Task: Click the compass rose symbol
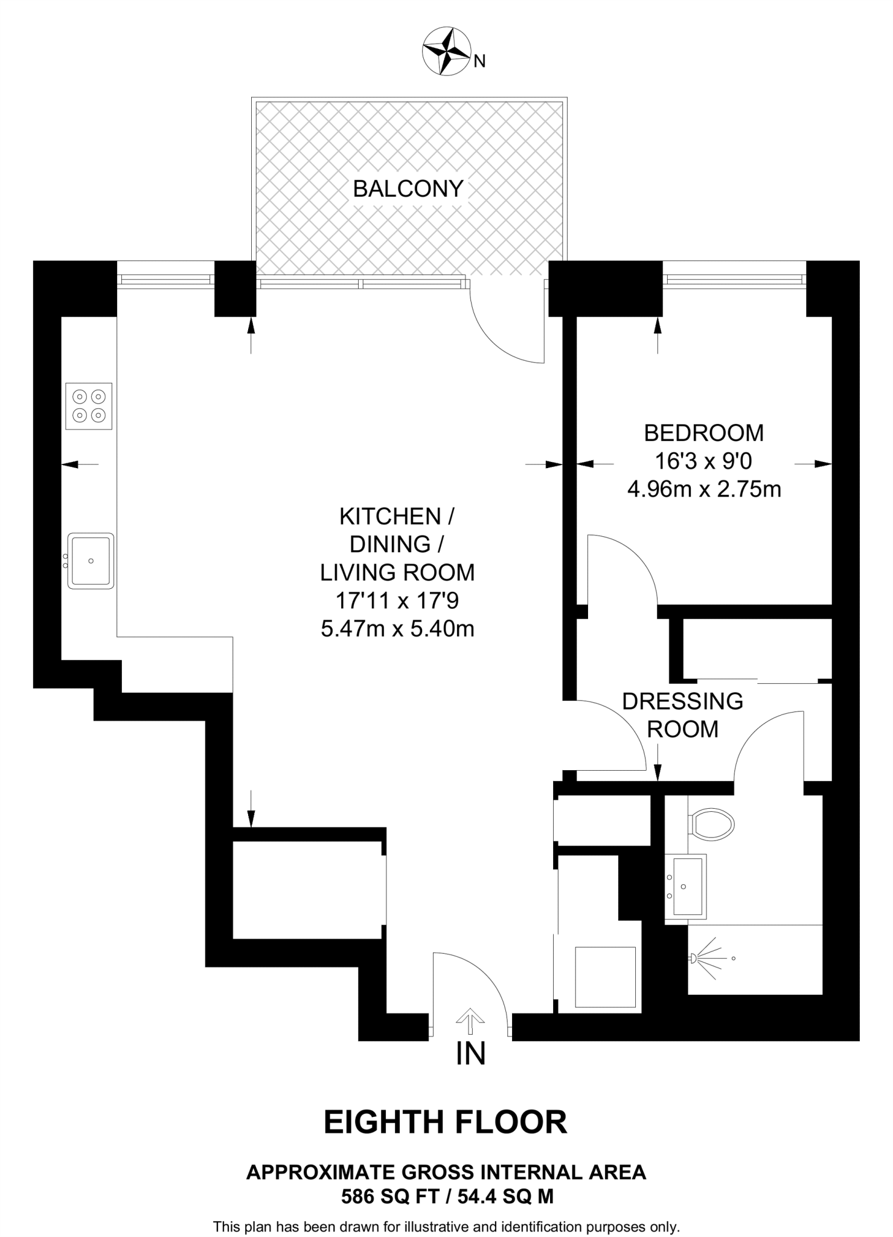(446, 52)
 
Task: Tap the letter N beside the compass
(479, 61)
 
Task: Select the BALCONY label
(408, 189)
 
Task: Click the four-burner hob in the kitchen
(89, 406)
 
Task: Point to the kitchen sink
(91, 561)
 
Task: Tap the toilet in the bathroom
(712, 823)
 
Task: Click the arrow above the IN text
(470, 1020)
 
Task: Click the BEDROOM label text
(703, 433)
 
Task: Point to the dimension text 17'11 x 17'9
(397, 601)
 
